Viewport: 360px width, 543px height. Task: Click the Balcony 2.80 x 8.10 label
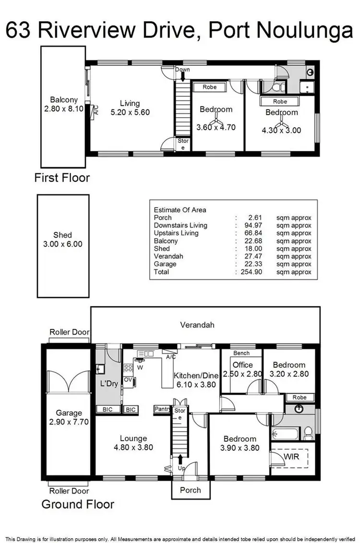pyautogui.click(x=64, y=104)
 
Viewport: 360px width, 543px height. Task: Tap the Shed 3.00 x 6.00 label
pyautogui.click(x=62, y=239)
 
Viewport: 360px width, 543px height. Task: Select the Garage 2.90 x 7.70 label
pyautogui.click(x=69, y=417)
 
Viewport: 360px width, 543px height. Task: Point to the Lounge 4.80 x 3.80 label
pyautogui.click(x=133, y=443)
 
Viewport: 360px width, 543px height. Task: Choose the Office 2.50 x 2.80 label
pyautogui.click(x=242, y=370)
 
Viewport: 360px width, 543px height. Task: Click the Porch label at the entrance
pyautogui.click(x=191, y=490)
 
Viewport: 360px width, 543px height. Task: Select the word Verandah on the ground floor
pyautogui.click(x=197, y=325)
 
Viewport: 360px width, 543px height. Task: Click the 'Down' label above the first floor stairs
pyautogui.click(x=182, y=70)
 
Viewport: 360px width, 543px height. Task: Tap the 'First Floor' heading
pyautogui.click(x=62, y=178)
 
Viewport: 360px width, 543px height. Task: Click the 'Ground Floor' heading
pyautogui.click(x=78, y=504)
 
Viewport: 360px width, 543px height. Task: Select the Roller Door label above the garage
pyautogui.click(x=70, y=332)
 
